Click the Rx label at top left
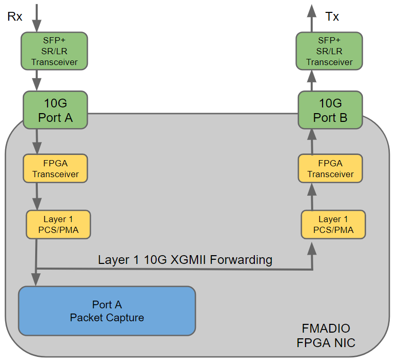click(x=14, y=17)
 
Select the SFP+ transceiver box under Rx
click(x=54, y=51)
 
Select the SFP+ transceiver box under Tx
click(x=329, y=51)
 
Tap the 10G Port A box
click(x=55, y=110)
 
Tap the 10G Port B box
click(x=330, y=110)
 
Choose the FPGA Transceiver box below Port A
click(x=55, y=168)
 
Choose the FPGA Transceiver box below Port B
click(x=330, y=168)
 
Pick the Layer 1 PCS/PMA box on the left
click(x=58, y=224)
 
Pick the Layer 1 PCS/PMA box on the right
click(x=333, y=224)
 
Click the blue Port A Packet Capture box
click(x=107, y=311)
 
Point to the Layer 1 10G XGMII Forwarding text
click(x=185, y=259)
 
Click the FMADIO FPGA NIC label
click(x=326, y=335)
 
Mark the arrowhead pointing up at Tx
click(x=312, y=10)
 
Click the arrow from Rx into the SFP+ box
click(x=36, y=18)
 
